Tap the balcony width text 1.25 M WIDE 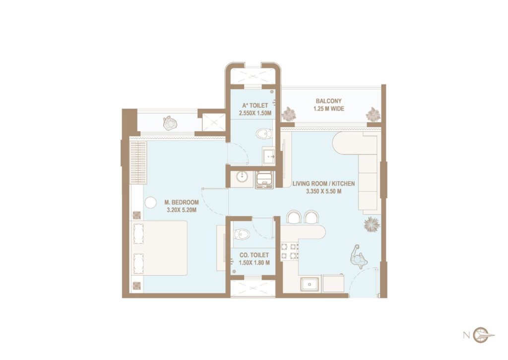point(328,109)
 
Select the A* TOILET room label point(255,105)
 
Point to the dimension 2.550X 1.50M point(255,113)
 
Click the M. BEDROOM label point(182,202)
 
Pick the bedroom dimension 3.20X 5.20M point(182,210)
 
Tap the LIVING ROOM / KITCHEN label point(323,183)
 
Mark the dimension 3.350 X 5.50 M point(323,191)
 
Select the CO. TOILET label point(253,255)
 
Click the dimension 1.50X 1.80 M point(253,263)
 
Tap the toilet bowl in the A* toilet point(263,133)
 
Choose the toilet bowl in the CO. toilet point(241,234)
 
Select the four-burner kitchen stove point(289,251)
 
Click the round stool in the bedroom point(150,202)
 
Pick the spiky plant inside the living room point(372,225)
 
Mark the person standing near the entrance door point(358,256)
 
